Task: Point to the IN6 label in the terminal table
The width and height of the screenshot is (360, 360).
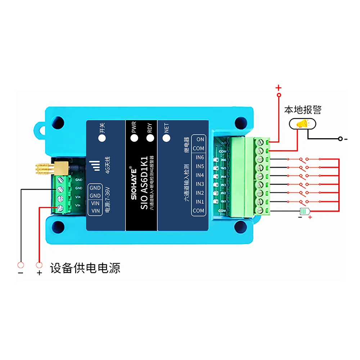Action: [x=199, y=157]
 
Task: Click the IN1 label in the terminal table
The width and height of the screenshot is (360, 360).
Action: [x=199, y=202]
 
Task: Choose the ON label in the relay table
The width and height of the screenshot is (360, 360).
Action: [x=200, y=139]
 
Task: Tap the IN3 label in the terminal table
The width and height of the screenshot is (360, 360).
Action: [x=199, y=184]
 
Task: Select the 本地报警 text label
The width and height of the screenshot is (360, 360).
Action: [x=303, y=110]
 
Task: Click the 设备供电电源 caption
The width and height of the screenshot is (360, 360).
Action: [x=85, y=268]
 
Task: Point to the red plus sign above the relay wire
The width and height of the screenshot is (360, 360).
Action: [x=278, y=87]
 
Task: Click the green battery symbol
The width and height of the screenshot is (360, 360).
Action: [x=305, y=211]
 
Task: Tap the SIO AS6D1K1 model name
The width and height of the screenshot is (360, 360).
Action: [x=144, y=184]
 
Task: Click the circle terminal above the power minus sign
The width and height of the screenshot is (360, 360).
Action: [x=21, y=265]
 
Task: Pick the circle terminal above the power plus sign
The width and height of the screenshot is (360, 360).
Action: [x=39, y=265]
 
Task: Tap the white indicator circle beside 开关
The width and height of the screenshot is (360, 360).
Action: [x=102, y=138]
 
